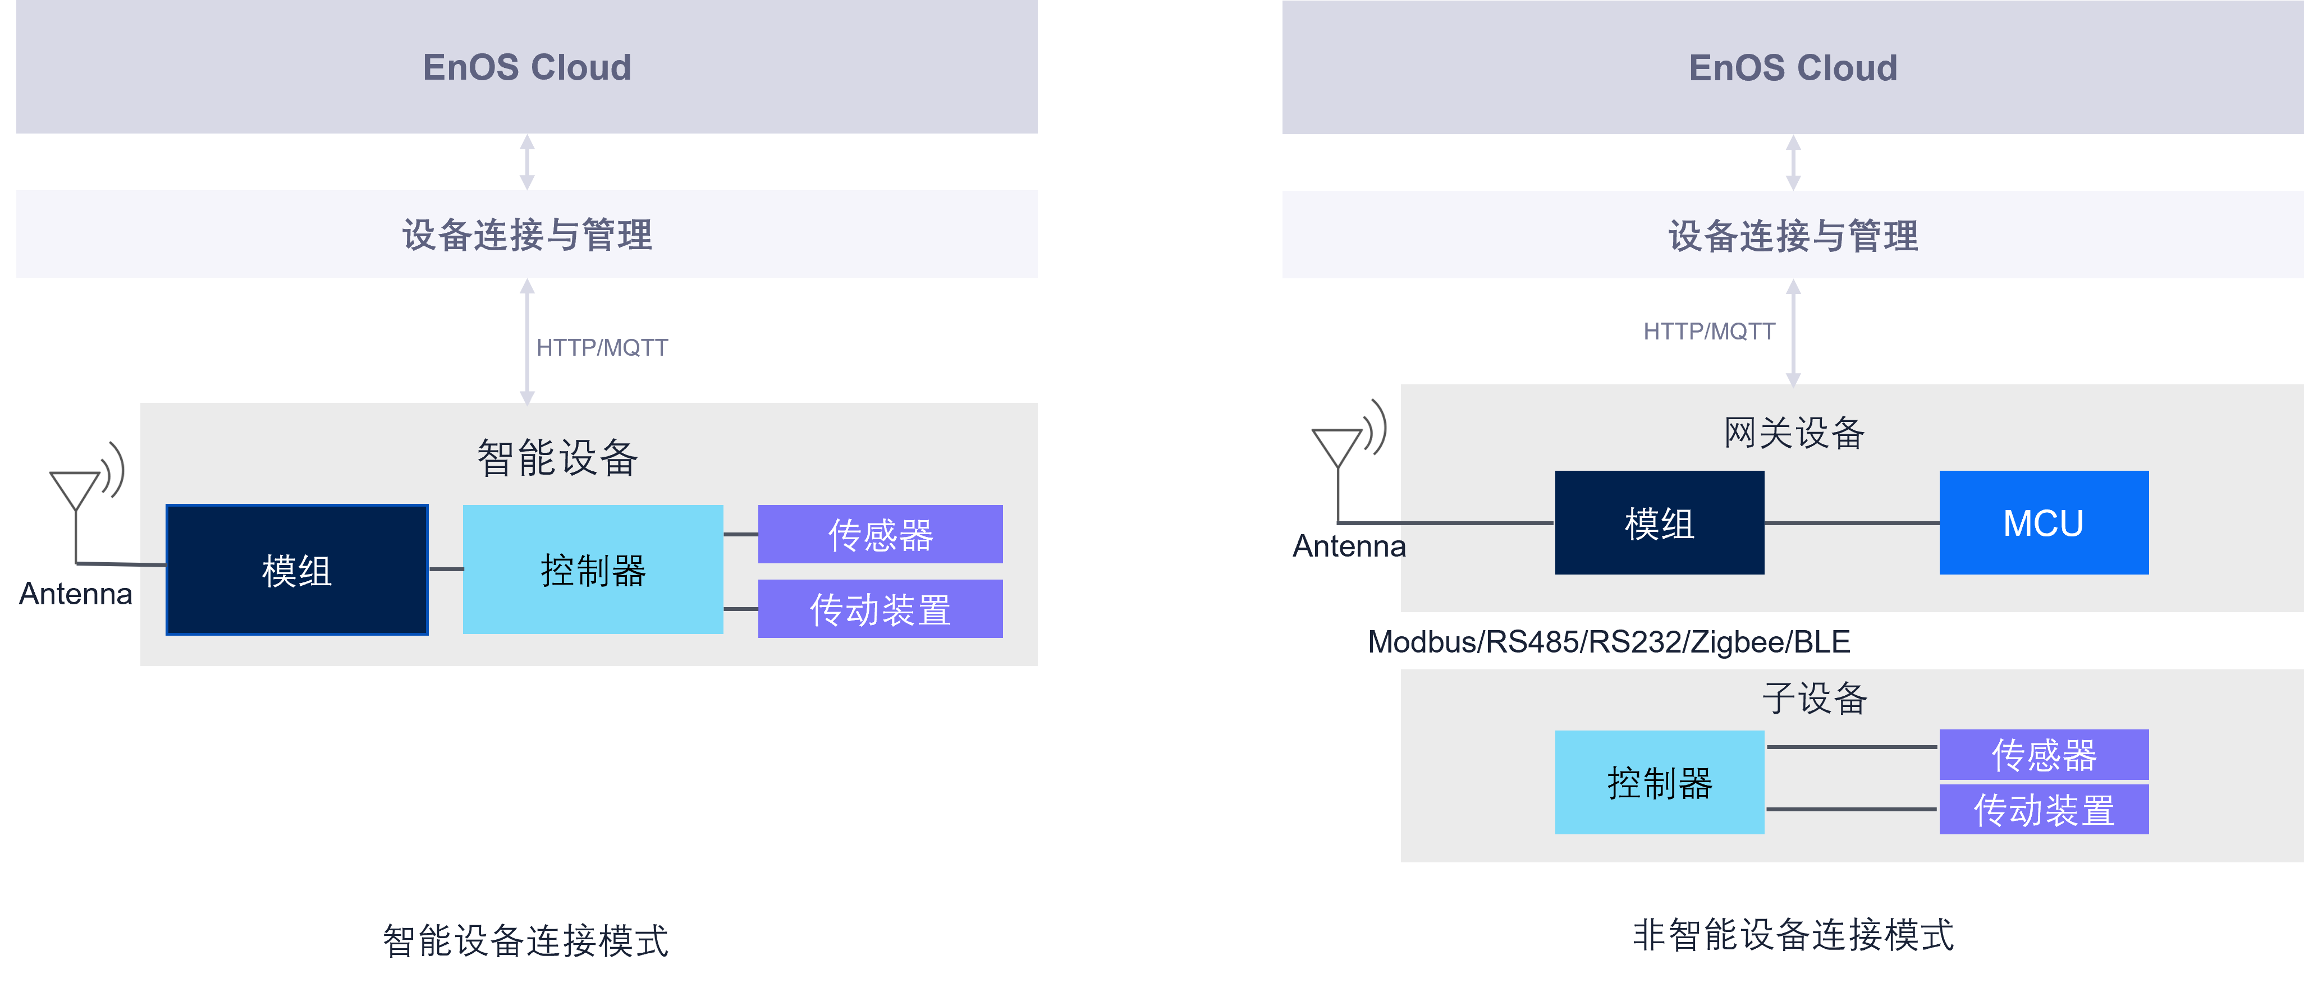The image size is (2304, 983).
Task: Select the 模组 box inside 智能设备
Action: (x=297, y=569)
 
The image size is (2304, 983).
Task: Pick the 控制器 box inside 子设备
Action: (x=1659, y=783)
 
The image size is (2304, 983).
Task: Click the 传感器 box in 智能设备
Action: (x=880, y=534)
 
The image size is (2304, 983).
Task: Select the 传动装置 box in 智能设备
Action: (x=880, y=609)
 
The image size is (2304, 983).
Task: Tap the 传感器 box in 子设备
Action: (x=2043, y=754)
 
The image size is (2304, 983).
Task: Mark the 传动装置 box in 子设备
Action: (x=2043, y=810)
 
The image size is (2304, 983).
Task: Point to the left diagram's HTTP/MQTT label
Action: (x=602, y=347)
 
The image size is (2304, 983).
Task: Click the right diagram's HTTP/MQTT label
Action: (x=1708, y=331)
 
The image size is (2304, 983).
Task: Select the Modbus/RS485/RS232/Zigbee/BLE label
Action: (x=1608, y=641)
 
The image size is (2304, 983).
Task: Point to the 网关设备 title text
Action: (x=1793, y=433)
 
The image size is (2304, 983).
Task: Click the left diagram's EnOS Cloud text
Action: (x=527, y=67)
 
